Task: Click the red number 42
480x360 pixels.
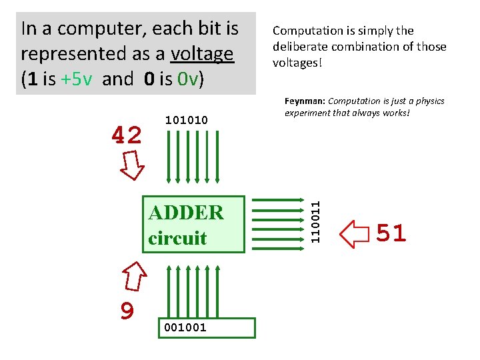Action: (127, 135)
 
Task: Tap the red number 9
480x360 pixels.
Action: (127, 310)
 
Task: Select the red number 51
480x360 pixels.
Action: (391, 233)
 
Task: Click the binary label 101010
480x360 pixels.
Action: (186, 120)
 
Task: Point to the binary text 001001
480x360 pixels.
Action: (185, 327)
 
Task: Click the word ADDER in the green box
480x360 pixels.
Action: (186, 213)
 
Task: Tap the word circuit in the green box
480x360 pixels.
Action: (177, 238)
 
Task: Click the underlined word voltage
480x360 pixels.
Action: (202, 54)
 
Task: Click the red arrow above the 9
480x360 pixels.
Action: (135, 275)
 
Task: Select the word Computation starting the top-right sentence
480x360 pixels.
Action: (305, 31)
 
